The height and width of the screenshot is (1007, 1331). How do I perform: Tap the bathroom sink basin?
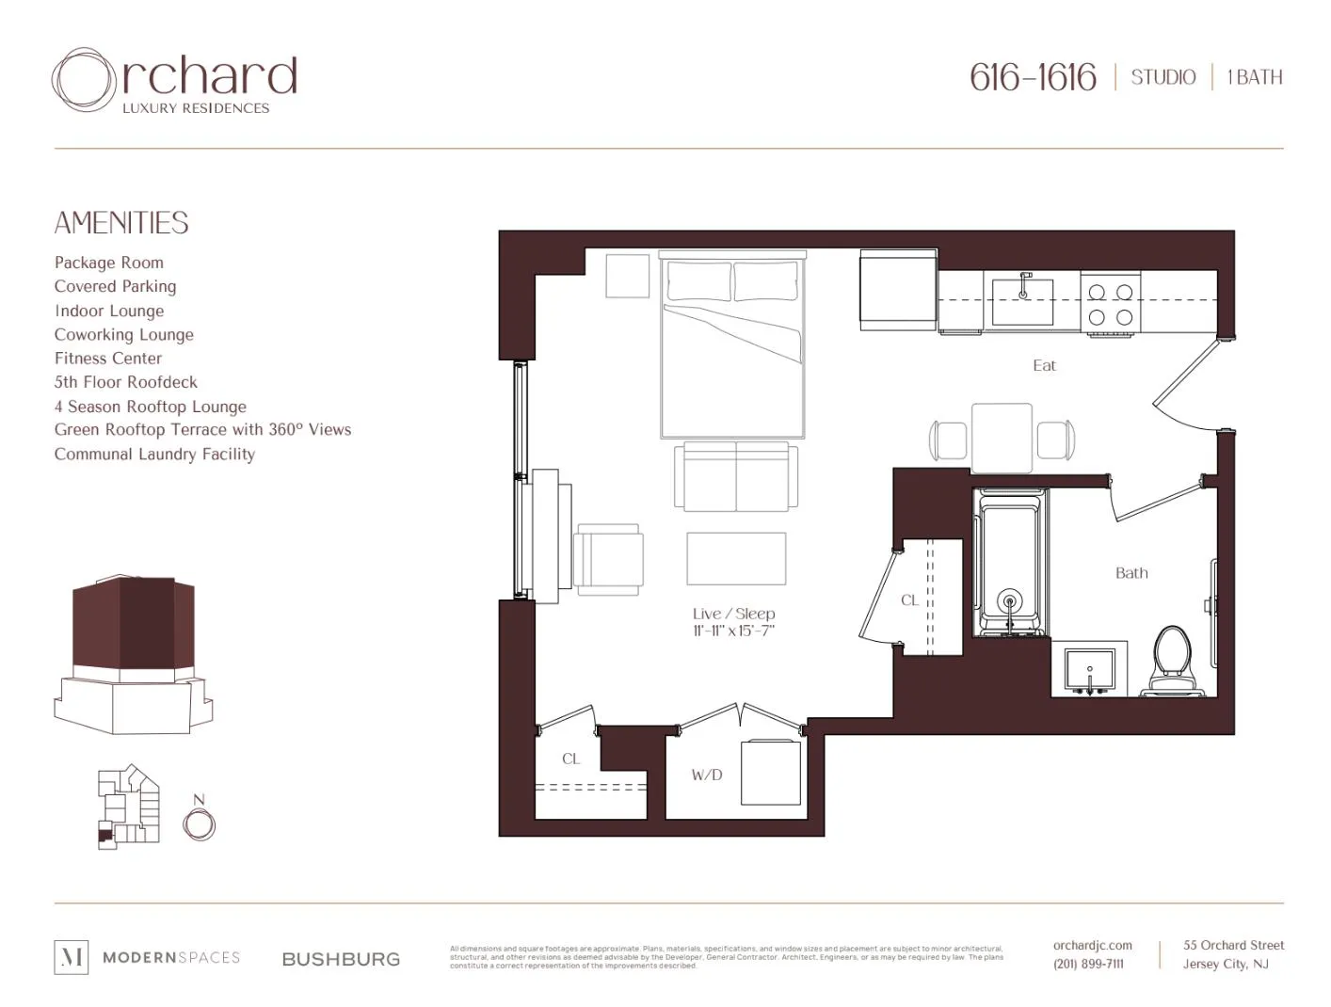pyautogui.click(x=1089, y=670)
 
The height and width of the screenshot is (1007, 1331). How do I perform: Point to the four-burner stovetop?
pyautogui.click(x=1110, y=304)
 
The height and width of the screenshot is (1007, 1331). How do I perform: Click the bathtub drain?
pyautogui.click(x=1009, y=599)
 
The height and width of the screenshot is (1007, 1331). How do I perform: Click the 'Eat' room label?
pyautogui.click(x=1044, y=365)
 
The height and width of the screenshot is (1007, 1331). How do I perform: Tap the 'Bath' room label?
pyautogui.click(x=1131, y=572)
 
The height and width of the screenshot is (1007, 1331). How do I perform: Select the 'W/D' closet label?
pyautogui.click(x=706, y=775)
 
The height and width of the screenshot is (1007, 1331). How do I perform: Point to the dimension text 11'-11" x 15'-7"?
pyautogui.click(x=733, y=631)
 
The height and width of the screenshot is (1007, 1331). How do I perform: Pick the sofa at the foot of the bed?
pyautogui.click(x=735, y=476)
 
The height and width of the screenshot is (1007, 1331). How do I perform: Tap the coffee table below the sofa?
pyautogui.click(x=736, y=558)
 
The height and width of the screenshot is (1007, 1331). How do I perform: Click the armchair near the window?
pyautogui.click(x=608, y=559)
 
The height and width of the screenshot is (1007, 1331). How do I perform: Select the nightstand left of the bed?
pyautogui.click(x=627, y=276)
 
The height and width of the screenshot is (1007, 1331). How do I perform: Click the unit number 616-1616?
pyautogui.click(x=1033, y=77)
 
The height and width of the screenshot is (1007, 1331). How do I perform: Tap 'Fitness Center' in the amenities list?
pyautogui.click(x=108, y=359)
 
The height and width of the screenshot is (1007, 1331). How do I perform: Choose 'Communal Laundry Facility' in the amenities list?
pyautogui.click(x=154, y=454)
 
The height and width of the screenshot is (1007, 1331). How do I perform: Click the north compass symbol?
pyautogui.click(x=199, y=824)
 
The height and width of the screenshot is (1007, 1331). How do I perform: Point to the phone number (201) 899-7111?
pyautogui.click(x=1088, y=964)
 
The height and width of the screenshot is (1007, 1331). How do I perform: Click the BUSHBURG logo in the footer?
pyautogui.click(x=341, y=959)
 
